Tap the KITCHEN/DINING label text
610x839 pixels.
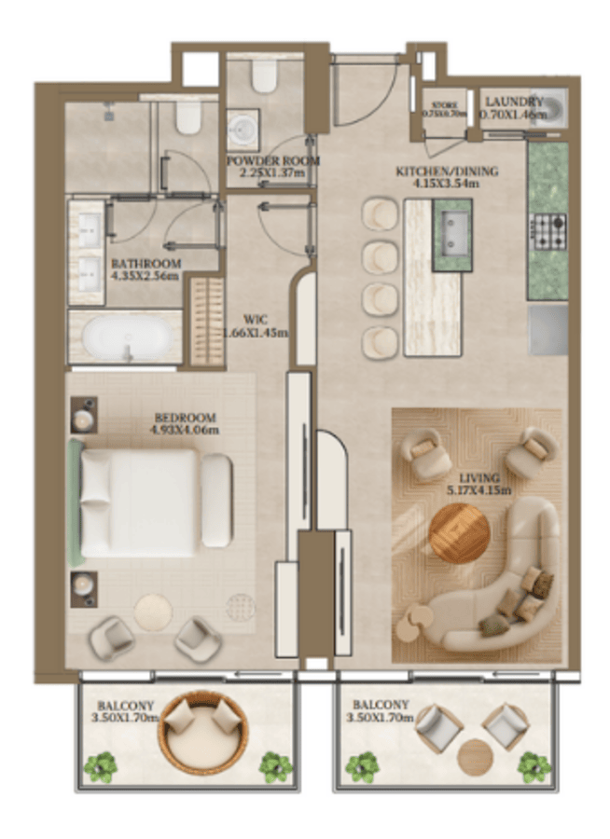[447, 172]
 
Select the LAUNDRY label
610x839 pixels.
[512, 103]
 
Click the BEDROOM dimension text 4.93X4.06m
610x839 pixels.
[184, 431]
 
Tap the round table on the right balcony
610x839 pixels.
[474, 756]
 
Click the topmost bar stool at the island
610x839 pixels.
[381, 213]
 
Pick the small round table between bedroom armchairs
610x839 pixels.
[152, 613]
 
